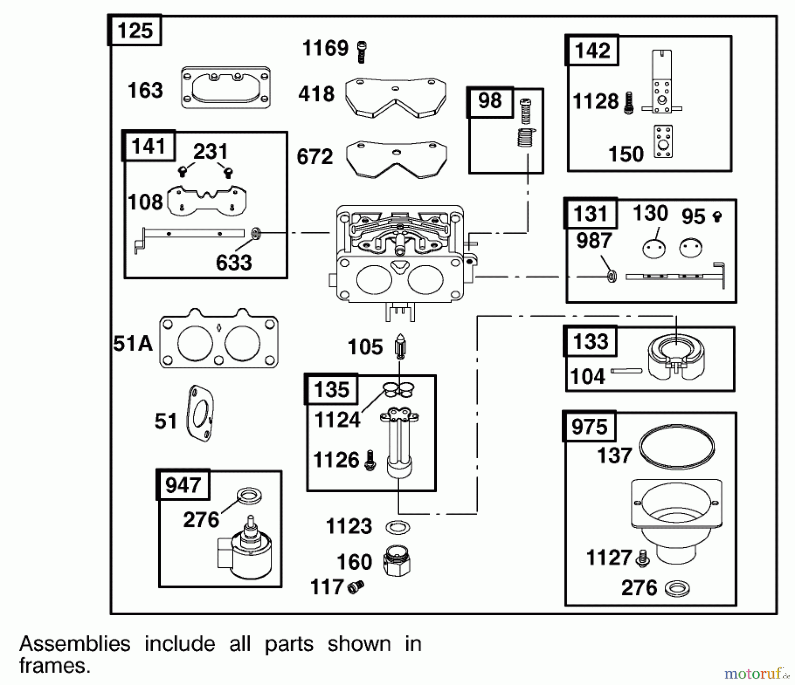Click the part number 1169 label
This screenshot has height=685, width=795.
(325, 48)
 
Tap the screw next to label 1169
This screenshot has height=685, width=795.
(362, 52)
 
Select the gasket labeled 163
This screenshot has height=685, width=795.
(226, 88)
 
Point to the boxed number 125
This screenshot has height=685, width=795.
(135, 30)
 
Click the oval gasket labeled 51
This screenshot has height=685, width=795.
(201, 414)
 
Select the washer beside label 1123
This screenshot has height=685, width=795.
(397, 527)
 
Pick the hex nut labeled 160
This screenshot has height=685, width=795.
(397, 561)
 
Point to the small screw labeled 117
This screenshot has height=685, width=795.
(356, 587)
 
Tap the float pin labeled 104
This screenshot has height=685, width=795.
(626, 371)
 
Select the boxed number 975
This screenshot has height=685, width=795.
(589, 427)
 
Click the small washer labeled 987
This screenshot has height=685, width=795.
(612, 276)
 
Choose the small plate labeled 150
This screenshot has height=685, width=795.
(663, 142)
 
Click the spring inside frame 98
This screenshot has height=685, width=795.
(526, 137)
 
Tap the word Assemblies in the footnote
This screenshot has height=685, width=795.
(75, 644)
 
